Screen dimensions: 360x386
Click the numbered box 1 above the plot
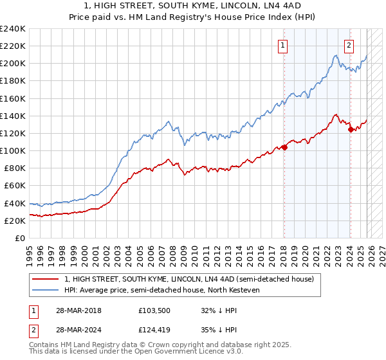tap(283, 45)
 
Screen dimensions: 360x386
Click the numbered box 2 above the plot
tap(349, 45)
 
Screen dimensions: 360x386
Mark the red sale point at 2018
tap(284, 147)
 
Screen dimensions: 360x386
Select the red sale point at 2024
tap(351, 129)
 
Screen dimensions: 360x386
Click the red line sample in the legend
tap(46, 279)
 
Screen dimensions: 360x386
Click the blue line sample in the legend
tap(46, 290)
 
